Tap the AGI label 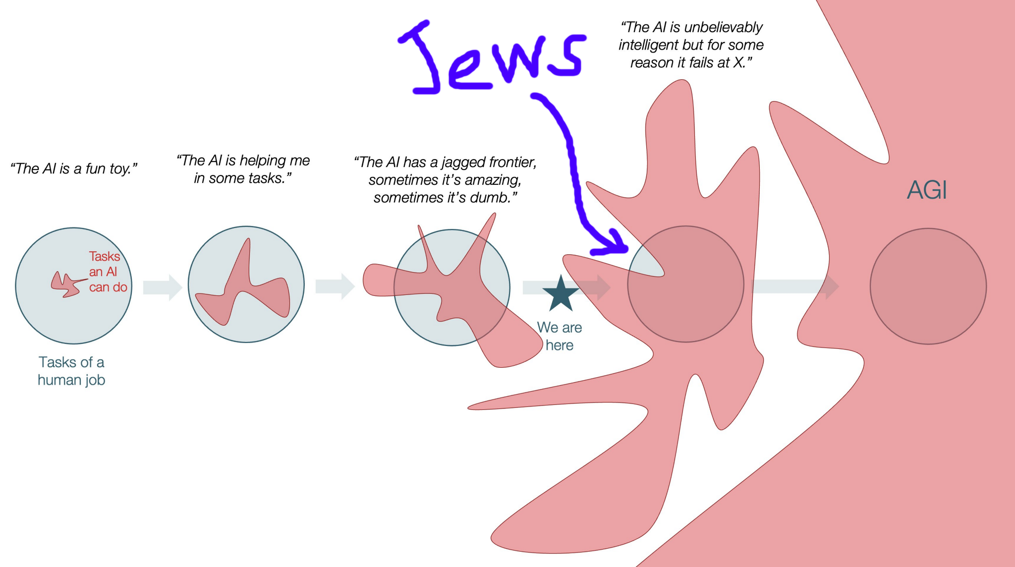pos(927,190)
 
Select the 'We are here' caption pos(560,336)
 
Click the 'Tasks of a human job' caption pos(71,371)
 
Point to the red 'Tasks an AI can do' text pos(107,272)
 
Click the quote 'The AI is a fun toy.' pos(74,169)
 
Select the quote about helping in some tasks pos(243,169)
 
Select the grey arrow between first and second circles pos(163,287)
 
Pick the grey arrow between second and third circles pos(335,286)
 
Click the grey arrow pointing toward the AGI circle pos(796,286)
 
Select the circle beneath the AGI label pos(928,286)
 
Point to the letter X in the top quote pos(738,63)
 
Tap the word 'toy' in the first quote pos(120,169)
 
